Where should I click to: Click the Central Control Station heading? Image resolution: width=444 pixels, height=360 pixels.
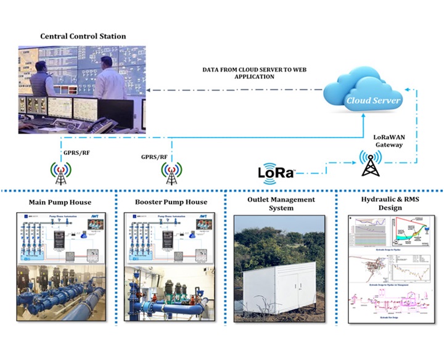pos(83,36)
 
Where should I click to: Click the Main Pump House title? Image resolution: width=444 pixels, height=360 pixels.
pos(60,202)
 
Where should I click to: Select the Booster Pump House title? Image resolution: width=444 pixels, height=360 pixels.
pos(171,202)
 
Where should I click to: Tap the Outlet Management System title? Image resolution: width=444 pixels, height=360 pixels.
pos(281,203)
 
